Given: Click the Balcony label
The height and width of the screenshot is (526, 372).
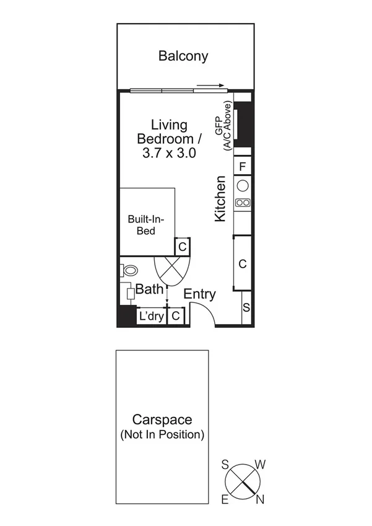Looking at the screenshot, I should (x=183, y=56).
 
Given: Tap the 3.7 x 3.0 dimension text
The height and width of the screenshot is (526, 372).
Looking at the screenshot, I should (x=170, y=153).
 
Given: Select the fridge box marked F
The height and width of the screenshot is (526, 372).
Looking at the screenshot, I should (x=243, y=166).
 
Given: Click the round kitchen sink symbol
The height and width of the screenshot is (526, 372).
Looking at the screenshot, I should (x=243, y=185).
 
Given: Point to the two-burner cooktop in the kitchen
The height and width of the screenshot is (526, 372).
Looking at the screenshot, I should (x=243, y=202).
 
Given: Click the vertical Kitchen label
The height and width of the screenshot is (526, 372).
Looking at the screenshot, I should (x=220, y=199).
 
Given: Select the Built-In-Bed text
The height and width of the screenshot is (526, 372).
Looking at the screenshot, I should (x=146, y=225).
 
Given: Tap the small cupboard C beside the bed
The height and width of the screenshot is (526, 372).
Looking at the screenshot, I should (x=183, y=247).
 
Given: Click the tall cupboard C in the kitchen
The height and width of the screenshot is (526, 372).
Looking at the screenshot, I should (x=243, y=263).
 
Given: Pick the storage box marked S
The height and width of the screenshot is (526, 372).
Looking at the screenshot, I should (x=246, y=308).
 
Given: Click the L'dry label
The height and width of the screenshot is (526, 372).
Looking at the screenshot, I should (x=150, y=316).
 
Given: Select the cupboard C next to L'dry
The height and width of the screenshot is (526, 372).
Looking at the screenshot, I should (x=176, y=316).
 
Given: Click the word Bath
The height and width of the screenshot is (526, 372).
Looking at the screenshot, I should (x=149, y=289).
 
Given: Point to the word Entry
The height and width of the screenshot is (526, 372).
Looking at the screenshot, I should (x=199, y=294).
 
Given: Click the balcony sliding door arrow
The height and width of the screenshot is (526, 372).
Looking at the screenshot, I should (x=210, y=86).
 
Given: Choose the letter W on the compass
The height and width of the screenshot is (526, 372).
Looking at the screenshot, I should (x=261, y=464).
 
